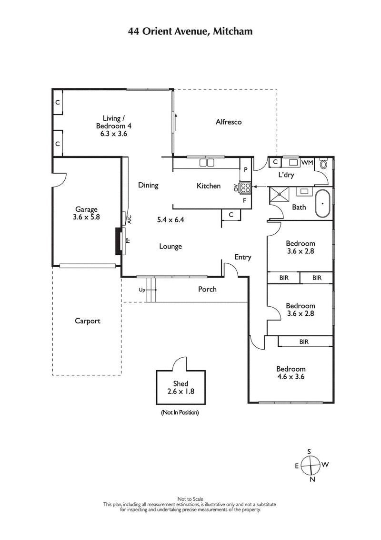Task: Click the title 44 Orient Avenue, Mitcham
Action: pos(190,31)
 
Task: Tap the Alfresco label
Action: pos(229,122)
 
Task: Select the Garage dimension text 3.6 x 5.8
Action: pos(86,217)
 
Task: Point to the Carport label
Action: pos(88,321)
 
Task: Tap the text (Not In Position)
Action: pos(180,412)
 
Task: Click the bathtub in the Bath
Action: pos(323,204)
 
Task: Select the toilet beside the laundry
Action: pos(324,164)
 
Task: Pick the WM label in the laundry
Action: pos(307,163)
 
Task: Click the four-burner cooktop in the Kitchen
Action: pos(245,187)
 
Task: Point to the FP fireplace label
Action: pos(127,241)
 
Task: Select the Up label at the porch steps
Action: pos(142,290)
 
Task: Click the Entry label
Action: pos(242,257)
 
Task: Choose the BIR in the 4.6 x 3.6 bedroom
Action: pos(304,342)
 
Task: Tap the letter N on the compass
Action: pos(312,479)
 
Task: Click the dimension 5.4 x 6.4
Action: pos(170,220)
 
